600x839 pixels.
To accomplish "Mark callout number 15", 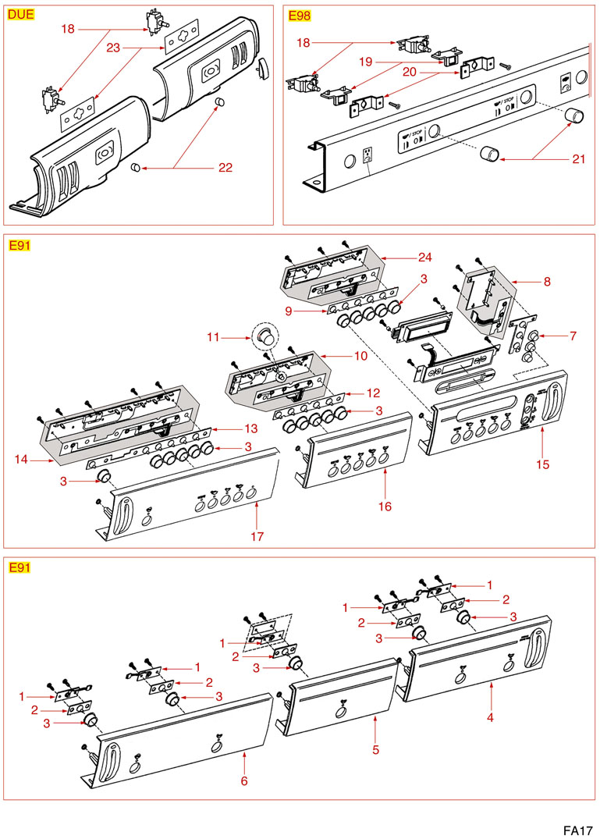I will (543, 464).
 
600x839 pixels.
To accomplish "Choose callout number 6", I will (243, 780).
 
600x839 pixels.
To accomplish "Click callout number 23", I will (112, 48).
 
